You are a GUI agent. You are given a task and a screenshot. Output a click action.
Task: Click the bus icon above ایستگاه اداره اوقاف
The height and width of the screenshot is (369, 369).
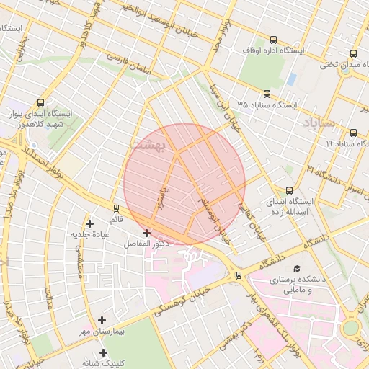tap(273, 40)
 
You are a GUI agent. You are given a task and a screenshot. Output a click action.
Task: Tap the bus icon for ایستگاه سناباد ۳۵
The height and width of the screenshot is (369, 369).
tap(267, 94)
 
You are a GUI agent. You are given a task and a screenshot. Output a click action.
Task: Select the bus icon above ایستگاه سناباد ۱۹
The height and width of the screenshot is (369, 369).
tap(353, 133)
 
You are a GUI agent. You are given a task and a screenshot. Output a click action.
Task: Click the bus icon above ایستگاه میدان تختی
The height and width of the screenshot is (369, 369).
tap(353, 54)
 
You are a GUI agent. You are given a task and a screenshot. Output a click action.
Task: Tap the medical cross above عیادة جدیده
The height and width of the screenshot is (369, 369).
tap(89, 223)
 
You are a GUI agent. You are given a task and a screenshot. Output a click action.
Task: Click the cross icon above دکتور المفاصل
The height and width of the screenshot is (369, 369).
tap(147, 233)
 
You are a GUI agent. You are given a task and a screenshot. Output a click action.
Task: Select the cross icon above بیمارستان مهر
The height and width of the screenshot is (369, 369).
tap(102, 320)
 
